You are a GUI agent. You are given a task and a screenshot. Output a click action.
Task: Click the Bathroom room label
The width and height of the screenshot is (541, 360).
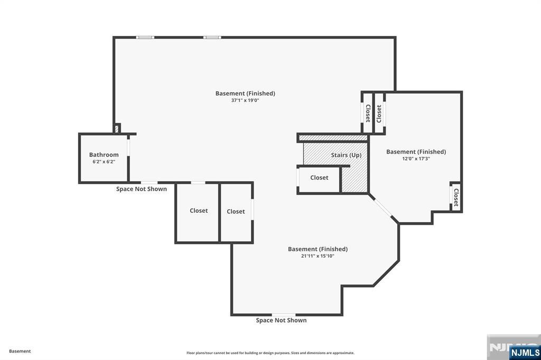click(x=104, y=155)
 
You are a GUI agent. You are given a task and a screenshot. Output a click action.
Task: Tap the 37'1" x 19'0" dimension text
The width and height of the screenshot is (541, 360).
click(x=245, y=100)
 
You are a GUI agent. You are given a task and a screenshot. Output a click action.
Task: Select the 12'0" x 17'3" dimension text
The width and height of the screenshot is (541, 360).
click(x=416, y=158)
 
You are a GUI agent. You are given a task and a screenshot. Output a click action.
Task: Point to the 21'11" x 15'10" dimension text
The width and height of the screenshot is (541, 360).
click(x=318, y=256)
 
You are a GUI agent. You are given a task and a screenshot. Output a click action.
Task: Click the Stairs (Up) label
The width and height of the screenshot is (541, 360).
click(x=346, y=155)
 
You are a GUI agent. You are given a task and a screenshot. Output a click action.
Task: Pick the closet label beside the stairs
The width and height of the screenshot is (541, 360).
click(x=319, y=177)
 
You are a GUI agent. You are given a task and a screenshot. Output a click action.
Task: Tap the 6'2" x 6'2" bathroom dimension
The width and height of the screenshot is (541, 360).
click(x=104, y=162)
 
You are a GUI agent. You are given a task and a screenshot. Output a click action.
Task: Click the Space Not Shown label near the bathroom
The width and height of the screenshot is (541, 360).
click(x=142, y=189)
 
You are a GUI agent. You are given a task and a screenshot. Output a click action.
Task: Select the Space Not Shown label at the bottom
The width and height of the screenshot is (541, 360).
click(x=281, y=320)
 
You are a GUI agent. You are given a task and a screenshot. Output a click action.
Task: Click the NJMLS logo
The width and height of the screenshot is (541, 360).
click(x=525, y=352)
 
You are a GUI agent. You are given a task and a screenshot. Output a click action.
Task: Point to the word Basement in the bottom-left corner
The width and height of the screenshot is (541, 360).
click(x=20, y=351)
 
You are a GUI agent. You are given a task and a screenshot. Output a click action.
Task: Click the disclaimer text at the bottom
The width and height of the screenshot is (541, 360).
click(x=270, y=353)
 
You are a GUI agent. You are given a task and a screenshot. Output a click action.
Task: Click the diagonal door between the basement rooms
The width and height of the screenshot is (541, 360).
click(x=383, y=207)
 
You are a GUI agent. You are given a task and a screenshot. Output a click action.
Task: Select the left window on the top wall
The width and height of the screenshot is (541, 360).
click(x=145, y=37)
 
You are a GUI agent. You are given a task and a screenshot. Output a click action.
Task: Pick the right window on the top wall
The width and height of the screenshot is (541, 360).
click(x=212, y=37)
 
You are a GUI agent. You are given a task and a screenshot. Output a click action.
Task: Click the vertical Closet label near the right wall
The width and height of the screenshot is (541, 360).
click(x=456, y=197)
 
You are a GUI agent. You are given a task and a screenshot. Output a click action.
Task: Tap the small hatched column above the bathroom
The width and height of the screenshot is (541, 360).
click(x=117, y=129)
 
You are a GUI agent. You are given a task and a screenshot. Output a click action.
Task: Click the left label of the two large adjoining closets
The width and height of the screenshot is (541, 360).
click(x=199, y=211)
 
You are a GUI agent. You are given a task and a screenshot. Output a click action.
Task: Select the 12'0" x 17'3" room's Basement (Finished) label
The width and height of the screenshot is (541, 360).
click(x=416, y=151)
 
